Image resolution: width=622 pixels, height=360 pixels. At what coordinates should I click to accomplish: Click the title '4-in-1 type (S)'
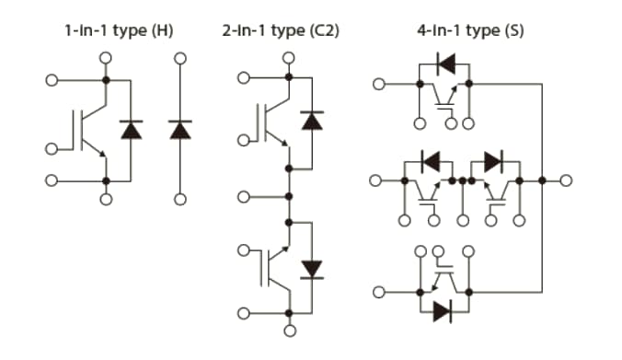tap(470, 31)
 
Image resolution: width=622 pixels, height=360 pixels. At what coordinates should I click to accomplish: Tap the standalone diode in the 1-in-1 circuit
tap(180, 130)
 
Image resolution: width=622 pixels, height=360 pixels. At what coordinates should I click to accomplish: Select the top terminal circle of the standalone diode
tap(180, 58)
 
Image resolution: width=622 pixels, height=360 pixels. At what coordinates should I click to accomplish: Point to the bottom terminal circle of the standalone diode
tap(180, 199)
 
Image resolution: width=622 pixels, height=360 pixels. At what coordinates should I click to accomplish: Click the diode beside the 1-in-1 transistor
tap(132, 130)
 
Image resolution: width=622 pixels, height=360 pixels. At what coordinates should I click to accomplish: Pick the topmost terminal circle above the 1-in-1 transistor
tap(106, 58)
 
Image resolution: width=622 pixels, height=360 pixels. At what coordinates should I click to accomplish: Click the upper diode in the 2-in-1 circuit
tap(313, 121)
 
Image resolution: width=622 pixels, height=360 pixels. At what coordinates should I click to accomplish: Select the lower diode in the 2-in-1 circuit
tap(313, 268)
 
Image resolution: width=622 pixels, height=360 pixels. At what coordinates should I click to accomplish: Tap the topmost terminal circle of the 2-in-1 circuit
tap(290, 58)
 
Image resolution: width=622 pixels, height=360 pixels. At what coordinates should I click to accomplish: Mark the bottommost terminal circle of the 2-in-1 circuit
tap(290, 331)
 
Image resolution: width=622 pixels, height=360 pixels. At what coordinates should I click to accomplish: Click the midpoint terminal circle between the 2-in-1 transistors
tap(244, 196)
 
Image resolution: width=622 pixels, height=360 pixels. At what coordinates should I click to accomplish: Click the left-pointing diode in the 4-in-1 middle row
tap(429, 162)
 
